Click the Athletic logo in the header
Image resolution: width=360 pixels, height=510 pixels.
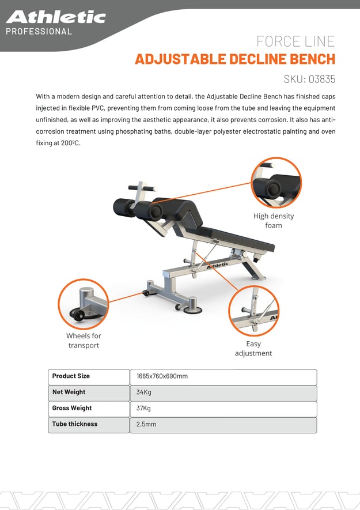click(x=55, y=17)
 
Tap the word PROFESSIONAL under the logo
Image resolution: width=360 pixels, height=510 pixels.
click(x=39, y=31)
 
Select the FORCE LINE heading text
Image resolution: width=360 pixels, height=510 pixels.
click(x=295, y=41)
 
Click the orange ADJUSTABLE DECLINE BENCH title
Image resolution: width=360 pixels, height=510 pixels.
click(x=234, y=59)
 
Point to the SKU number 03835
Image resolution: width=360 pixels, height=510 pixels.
click(x=321, y=80)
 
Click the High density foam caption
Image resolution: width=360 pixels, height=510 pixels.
click(x=274, y=221)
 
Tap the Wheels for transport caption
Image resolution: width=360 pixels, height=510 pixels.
click(x=84, y=341)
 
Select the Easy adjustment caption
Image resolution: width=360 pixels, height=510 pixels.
click(x=253, y=349)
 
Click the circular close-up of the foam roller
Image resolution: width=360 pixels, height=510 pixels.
click(x=276, y=183)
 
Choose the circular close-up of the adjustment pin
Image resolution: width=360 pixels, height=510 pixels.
click(x=253, y=311)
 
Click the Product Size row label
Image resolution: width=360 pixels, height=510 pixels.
click(x=71, y=376)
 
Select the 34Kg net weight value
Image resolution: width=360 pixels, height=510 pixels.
click(x=144, y=392)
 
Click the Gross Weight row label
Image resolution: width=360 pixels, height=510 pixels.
click(x=72, y=408)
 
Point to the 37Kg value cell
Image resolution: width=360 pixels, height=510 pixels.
click(x=144, y=409)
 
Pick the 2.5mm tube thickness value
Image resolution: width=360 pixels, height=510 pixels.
click(x=146, y=425)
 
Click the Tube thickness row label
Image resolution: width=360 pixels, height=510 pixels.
click(x=75, y=424)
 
